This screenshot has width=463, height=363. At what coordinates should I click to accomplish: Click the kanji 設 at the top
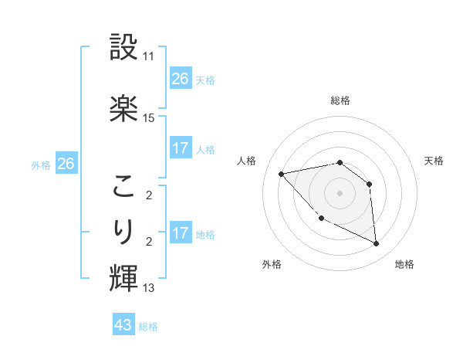coord(124,49)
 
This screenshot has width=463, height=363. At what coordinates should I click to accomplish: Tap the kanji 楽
coord(124,108)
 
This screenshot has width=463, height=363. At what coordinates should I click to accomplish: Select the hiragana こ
coord(124,187)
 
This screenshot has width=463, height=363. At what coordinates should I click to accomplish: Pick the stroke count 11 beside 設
coord(149,57)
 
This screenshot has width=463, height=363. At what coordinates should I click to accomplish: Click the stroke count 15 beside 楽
coord(149,118)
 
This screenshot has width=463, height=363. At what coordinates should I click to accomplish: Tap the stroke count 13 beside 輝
coord(149,288)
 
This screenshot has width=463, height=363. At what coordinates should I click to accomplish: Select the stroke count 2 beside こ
coord(149,196)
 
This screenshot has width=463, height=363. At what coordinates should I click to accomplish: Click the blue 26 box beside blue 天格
coord(181,78)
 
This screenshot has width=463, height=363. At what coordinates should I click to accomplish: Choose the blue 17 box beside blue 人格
coord(181,148)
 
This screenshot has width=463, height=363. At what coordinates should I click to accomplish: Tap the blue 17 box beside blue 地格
coord(181,233)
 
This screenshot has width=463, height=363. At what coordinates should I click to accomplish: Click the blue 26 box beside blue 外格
coord(66,164)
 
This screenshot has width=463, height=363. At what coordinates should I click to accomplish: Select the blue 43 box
coord(123,325)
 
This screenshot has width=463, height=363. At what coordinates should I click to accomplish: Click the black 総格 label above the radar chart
coord(340,100)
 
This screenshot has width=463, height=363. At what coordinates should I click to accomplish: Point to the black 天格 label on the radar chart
coord(434,161)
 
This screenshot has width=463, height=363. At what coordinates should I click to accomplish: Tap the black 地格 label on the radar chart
coord(404,264)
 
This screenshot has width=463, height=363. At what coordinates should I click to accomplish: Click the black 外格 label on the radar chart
coord(272,264)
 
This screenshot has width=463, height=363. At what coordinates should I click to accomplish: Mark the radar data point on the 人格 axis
coord(282,174)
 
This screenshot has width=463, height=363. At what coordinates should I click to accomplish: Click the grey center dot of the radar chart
coord(340,192)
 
